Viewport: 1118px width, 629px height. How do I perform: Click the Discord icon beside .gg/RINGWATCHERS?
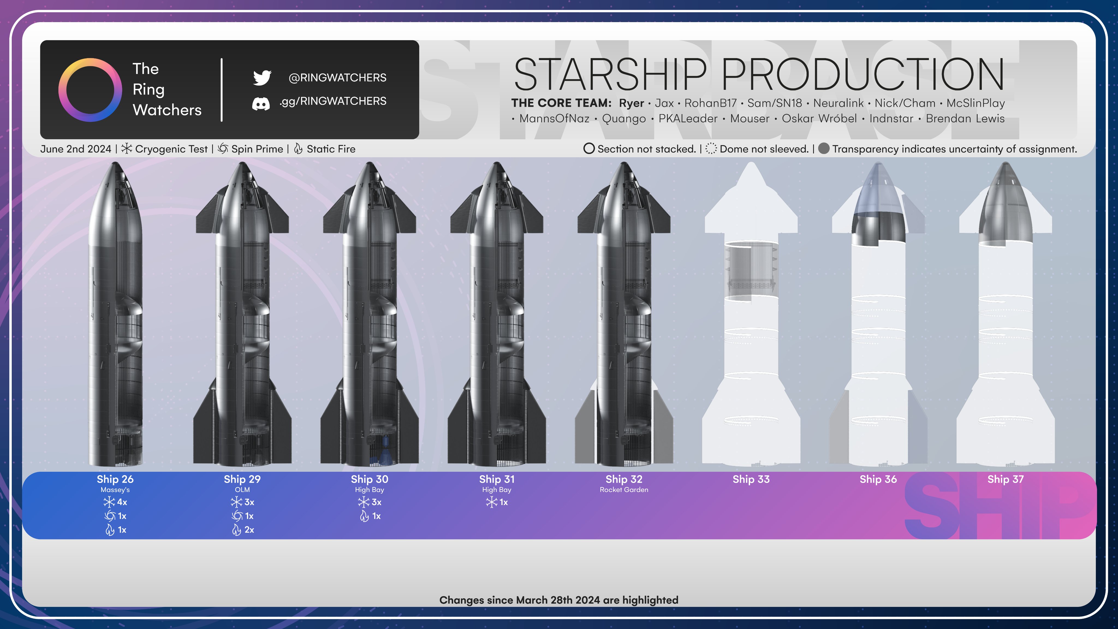[261, 103]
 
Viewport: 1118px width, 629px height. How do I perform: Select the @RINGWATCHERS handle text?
[337, 78]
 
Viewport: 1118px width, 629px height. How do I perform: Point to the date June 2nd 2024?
[76, 149]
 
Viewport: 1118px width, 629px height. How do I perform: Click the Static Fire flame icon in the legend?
[298, 149]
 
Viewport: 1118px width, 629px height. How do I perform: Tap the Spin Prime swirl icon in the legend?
[223, 149]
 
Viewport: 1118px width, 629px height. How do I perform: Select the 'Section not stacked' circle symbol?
[589, 149]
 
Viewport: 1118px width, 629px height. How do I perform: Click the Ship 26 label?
[115, 479]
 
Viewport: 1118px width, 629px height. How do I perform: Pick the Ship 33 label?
[751, 479]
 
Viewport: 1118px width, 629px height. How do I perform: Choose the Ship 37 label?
[1005, 479]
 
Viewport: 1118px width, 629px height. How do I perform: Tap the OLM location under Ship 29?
[242, 490]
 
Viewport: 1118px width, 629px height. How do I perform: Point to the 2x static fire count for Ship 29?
[243, 530]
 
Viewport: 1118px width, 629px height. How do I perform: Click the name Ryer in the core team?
[632, 103]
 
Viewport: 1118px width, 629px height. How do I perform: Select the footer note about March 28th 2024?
[558, 600]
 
